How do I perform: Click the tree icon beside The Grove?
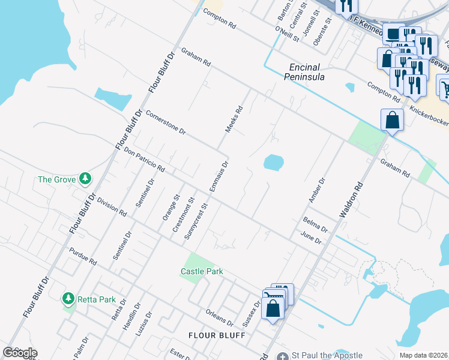tap(86, 179)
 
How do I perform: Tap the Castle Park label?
tap(202, 272)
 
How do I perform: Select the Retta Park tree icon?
tap(69, 298)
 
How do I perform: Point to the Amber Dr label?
tap(316, 189)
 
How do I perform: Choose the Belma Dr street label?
tap(315, 225)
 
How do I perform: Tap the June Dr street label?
tap(311, 238)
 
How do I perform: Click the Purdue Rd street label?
tap(82, 256)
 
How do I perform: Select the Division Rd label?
tap(112, 207)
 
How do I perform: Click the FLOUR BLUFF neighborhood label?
tap(217, 335)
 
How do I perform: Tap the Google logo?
tap(20, 353)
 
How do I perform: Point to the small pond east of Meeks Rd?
tap(273, 163)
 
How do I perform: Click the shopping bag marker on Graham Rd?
tap(391, 120)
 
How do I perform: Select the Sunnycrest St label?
tap(196, 221)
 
